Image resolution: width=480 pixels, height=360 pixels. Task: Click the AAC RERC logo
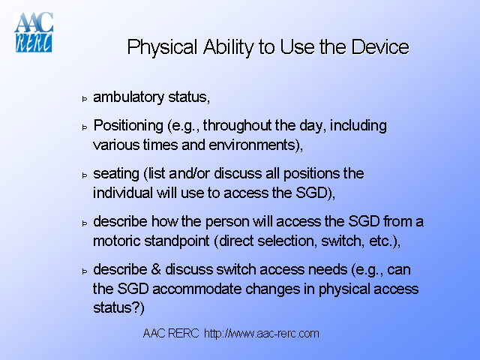pos(34,31)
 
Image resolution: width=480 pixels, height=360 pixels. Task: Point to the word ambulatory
pos(127,97)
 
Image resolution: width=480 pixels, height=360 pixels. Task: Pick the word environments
pos(255,143)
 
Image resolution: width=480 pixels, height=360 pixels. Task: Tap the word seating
pos(116,173)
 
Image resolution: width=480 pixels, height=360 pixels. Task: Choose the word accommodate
pos(184,288)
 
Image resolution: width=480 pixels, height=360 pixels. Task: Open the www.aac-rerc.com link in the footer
pos(262,333)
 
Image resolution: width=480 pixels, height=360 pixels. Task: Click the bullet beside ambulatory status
pos(85,99)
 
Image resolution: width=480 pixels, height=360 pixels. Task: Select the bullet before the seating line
pos(85,175)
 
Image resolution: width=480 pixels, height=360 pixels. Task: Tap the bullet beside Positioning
pos(85,127)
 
